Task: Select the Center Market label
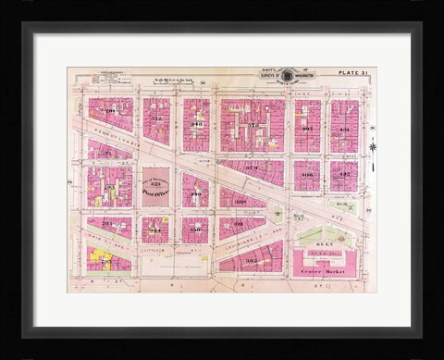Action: pos(317,271)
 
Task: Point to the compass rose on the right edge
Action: pos(373,147)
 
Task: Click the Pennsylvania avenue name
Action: pos(111,138)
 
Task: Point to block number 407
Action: pos(307,129)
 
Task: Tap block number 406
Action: pos(307,174)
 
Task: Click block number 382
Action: pos(251,261)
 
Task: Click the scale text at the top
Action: pos(176,81)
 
